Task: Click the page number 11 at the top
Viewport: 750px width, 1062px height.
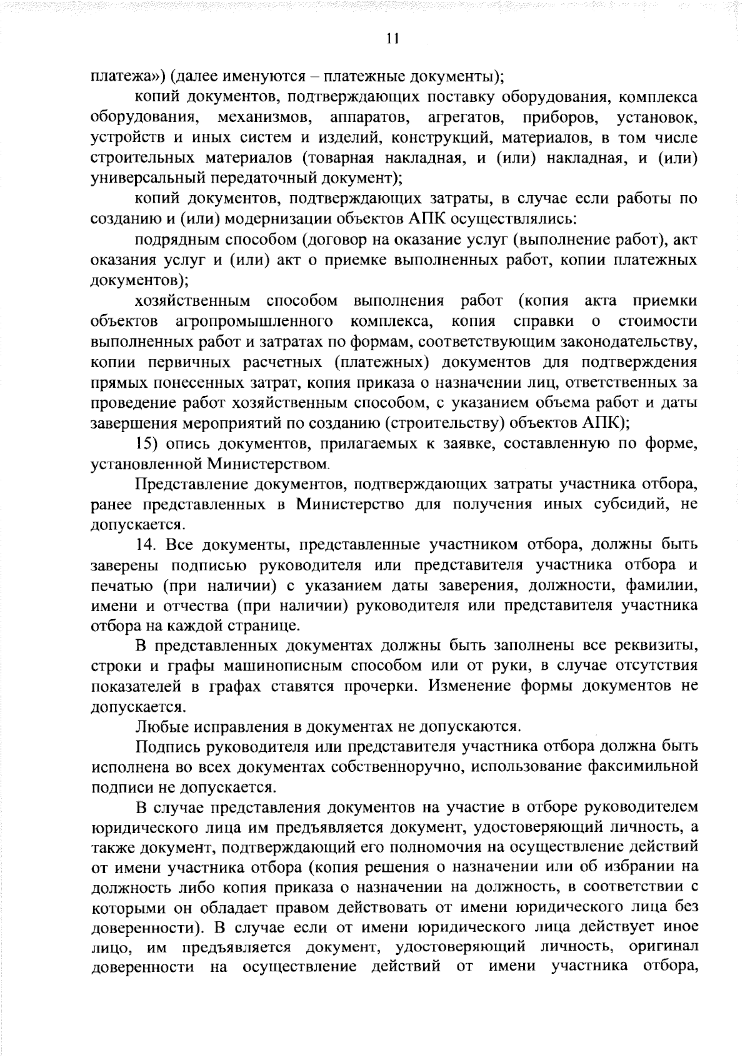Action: (x=392, y=39)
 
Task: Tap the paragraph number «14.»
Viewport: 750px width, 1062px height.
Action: (x=151, y=545)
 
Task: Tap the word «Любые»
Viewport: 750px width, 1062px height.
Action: (x=156, y=727)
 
